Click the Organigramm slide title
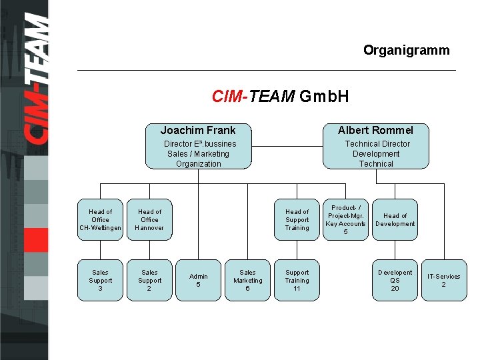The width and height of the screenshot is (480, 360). pos(406,50)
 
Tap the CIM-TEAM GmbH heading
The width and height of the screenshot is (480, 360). pos(280,97)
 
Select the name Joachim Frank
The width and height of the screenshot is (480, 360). pos(198,130)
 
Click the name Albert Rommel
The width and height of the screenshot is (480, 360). pos(375,130)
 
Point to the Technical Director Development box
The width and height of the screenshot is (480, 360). pos(376,153)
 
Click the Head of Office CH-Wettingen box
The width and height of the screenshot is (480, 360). pos(100,219)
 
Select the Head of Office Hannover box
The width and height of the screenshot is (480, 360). pos(149,219)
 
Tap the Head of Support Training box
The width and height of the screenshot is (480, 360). pos(297,219)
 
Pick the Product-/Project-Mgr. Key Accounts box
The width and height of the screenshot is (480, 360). pos(345,219)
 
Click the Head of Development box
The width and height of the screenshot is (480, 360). pos(395,219)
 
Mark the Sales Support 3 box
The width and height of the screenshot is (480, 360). pos(100,280)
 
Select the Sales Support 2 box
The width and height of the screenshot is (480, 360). pos(149,280)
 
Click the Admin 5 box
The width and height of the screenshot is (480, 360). pos(198,280)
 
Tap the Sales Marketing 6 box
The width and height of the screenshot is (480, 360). pos(247,280)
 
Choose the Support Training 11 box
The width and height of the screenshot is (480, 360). pos(297,280)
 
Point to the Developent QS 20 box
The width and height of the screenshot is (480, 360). pos(395,280)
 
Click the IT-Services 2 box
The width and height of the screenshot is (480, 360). pos(443,280)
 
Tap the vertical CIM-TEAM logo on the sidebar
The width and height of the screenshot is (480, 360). pos(37,80)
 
